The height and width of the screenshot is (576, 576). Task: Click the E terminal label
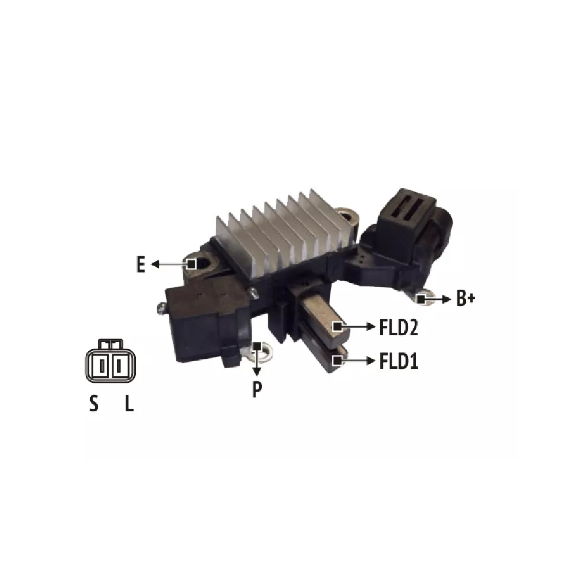[x=141, y=264]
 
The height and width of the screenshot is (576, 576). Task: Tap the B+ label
[x=466, y=298]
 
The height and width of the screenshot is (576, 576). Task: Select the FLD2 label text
[x=398, y=327]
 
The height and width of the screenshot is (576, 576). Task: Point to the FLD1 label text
[x=399, y=361]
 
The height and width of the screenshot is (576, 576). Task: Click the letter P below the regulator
[x=257, y=389]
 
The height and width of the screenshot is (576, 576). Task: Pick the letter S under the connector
[x=94, y=403]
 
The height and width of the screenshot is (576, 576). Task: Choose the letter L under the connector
[x=129, y=403]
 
